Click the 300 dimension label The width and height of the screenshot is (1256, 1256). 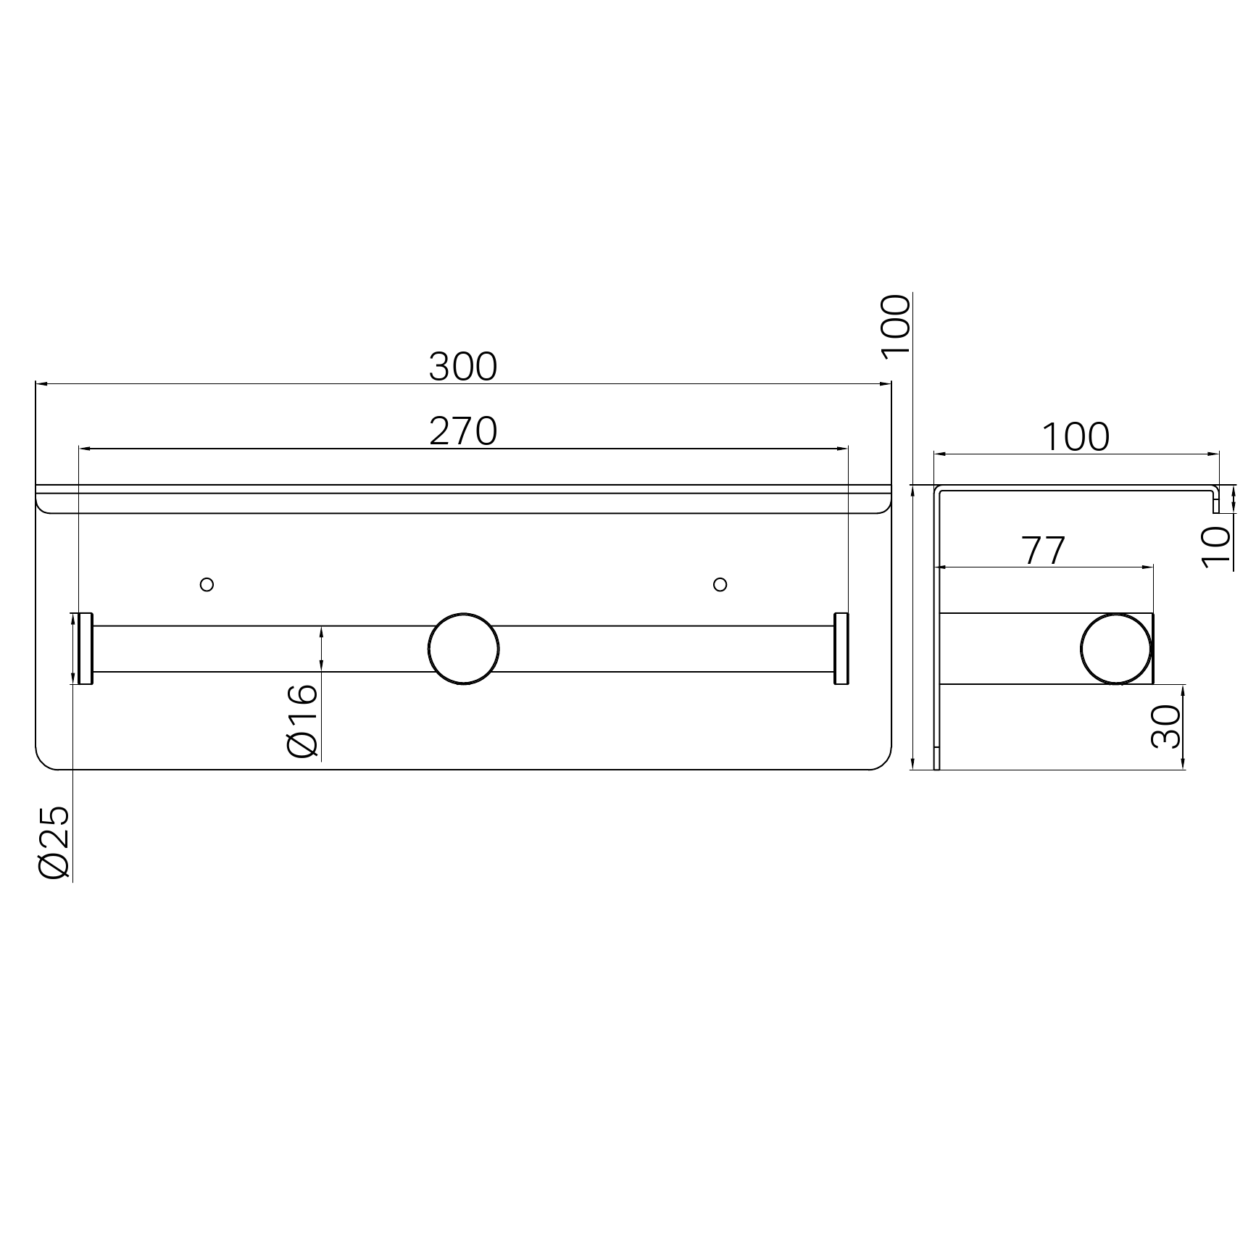tap(463, 367)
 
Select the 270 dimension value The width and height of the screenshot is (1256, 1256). tap(463, 432)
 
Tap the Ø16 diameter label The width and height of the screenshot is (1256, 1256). tap(303, 720)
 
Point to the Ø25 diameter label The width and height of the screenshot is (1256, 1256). tap(54, 843)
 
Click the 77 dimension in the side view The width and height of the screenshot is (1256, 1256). tap(1044, 551)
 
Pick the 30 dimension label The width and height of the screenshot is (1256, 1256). tap(1166, 727)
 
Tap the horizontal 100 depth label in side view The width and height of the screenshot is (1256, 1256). tap(1076, 438)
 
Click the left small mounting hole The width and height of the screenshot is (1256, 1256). tap(207, 584)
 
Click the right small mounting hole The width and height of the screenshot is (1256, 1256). tap(720, 584)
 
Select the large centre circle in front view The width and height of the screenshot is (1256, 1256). tap(464, 649)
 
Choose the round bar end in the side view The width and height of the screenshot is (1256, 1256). tap(1115, 649)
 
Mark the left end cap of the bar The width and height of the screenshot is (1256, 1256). tap(85, 649)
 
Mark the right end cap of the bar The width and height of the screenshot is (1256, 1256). tap(841, 649)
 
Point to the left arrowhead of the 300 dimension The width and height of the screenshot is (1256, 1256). tap(41, 384)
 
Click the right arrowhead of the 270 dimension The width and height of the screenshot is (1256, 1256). tap(843, 449)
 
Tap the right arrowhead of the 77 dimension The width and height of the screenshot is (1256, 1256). tap(1148, 567)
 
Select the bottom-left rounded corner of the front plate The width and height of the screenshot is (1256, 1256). tap(43, 762)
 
